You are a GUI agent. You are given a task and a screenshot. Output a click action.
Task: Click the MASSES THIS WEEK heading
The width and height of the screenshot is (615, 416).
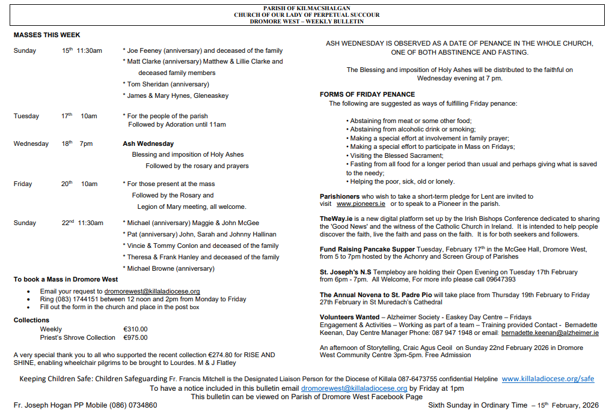[47, 35]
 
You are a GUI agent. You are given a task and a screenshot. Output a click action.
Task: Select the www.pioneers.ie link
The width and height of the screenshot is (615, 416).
[361, 204]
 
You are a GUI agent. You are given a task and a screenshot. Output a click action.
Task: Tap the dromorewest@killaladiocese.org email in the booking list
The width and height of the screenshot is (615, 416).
[152, 291]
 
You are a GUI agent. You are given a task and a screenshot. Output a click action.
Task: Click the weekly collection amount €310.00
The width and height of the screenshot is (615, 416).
[135, 329]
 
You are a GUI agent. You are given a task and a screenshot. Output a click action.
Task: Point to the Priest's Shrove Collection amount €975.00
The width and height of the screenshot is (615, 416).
[135, 337]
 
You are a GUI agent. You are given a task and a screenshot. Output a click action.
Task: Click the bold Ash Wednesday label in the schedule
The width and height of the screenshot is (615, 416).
[148, 143]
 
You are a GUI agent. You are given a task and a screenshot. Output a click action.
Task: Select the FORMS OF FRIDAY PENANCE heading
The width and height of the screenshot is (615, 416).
[367, 94]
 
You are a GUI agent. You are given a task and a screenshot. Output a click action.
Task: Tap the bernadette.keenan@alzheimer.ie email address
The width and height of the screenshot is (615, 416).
[550, 333]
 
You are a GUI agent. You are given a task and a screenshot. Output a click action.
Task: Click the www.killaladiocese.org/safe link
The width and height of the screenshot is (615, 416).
[548, 379]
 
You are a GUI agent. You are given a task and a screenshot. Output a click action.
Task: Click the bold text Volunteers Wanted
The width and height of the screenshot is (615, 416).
[349, 317]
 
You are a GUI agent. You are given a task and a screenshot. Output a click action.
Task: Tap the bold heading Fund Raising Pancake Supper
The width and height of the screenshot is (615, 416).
[367, 249]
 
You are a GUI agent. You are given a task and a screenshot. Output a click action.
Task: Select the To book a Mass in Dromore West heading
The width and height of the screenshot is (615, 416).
[66, 279]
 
